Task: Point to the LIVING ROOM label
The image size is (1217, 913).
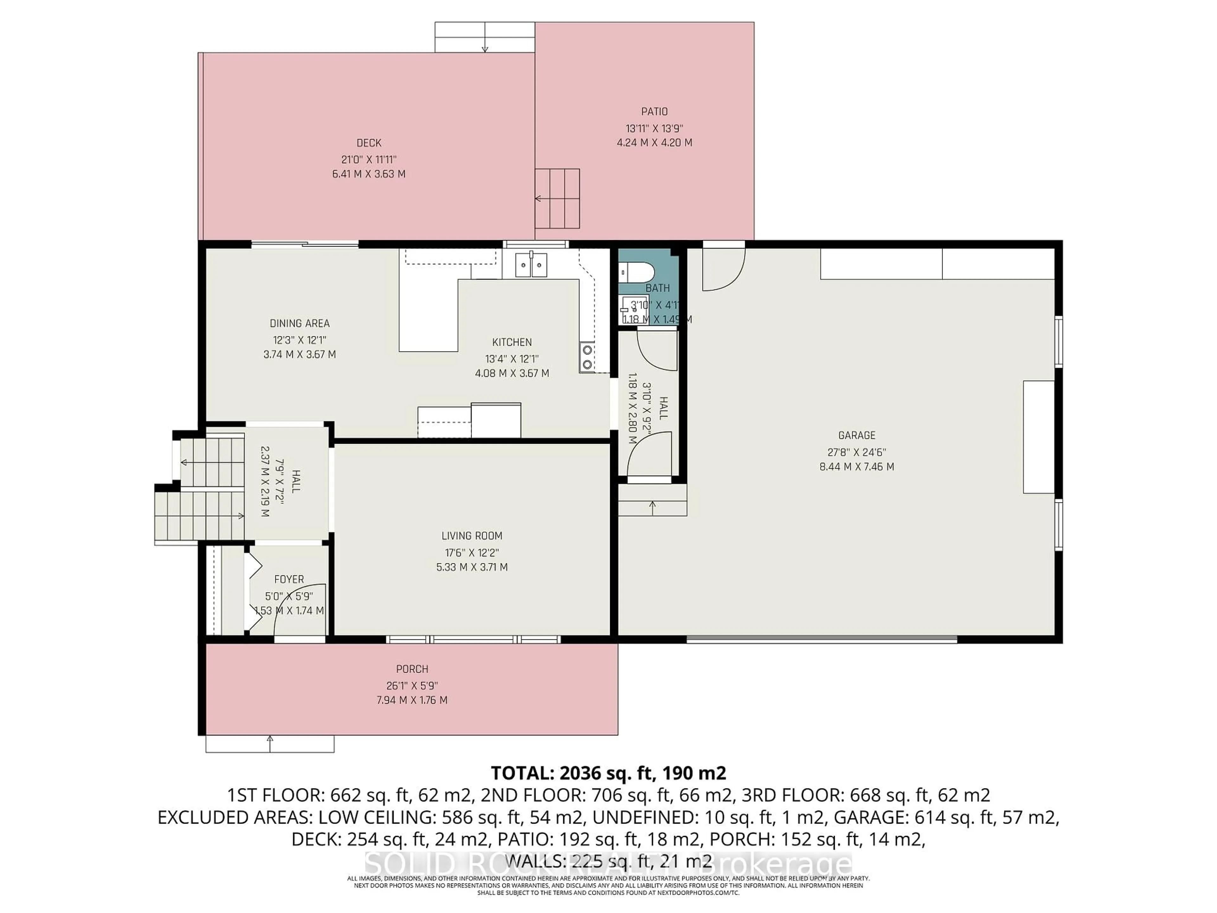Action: tap(472, 535)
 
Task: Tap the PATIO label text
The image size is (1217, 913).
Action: tap(654, 112)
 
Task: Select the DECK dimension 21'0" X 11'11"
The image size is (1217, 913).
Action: tap(369, 159)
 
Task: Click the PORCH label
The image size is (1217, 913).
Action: tap(412, 669)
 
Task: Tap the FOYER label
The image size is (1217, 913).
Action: tap(289, 579)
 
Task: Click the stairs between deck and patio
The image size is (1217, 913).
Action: tap(557, 198)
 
